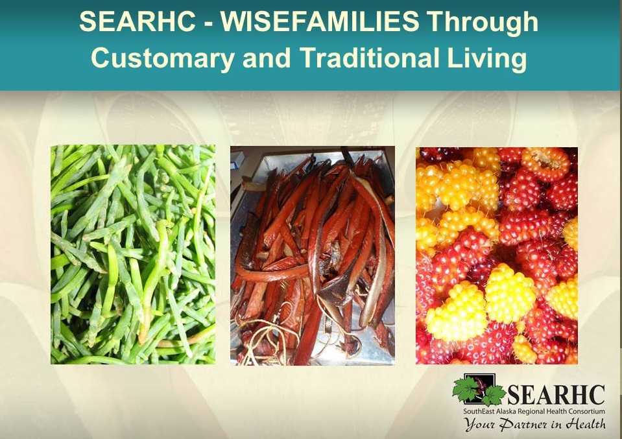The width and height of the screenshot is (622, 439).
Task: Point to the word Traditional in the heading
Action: pos(369,58)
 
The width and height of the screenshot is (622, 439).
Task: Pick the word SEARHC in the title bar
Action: pos(138,21)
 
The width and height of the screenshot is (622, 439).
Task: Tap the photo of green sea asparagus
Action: pos(133,254)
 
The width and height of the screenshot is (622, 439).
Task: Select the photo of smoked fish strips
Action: pos(313,255)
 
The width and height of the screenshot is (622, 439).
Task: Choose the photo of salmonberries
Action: pos(497,255)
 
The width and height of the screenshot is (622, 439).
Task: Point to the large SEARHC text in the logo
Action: pos(556,395)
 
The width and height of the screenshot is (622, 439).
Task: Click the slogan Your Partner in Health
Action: pos(535,424)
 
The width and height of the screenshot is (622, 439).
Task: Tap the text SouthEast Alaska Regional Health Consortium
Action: pos(534,411)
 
